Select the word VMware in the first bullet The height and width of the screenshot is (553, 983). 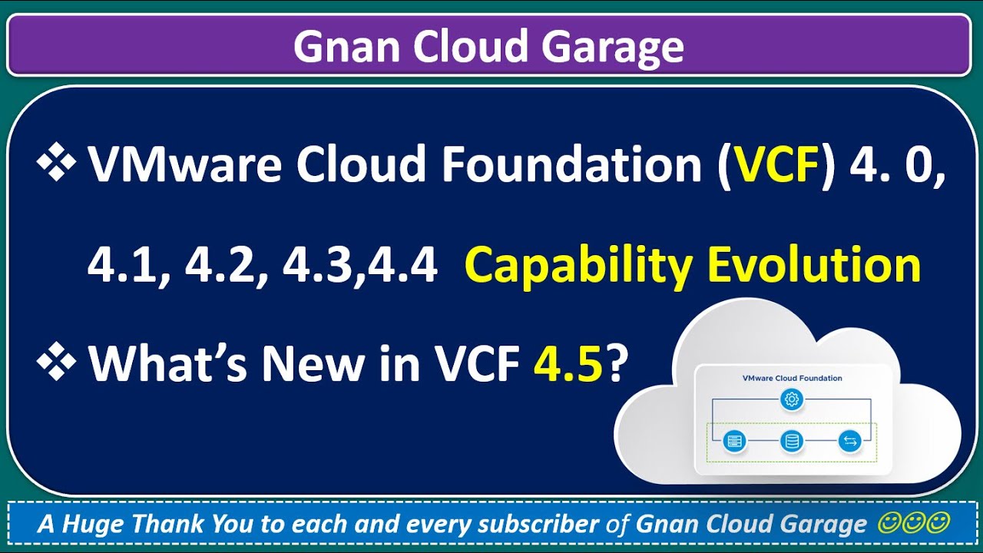click(x=185, y=164)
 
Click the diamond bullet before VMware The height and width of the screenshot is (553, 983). click(x=56, y=161)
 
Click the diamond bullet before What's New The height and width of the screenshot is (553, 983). click(x=56, y=361)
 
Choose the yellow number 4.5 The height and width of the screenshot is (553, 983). click(x=568, y=363)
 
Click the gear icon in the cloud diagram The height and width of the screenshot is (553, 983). click(x=792, y=399)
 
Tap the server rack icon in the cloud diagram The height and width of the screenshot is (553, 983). click(x=734, y=440)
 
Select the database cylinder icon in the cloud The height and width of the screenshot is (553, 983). click(x=792, y=440)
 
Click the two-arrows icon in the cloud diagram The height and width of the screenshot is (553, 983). click(x=849, y=440)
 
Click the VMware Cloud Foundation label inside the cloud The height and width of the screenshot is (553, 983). click(x=792, y=378)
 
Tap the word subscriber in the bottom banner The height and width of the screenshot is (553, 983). click(x=538, y=524)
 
